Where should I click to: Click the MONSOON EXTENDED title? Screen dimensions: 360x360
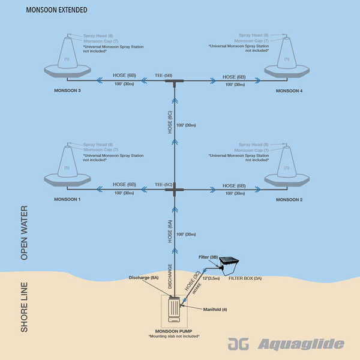coord(58,10)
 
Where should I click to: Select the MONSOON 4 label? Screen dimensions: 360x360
coord(289,90)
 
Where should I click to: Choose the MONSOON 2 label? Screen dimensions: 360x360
coord(289,199)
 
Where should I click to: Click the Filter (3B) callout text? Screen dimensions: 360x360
coord(208,257)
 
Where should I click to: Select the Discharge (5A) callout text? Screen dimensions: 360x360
coord(143,278)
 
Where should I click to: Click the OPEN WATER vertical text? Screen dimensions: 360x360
coord(25,233)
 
